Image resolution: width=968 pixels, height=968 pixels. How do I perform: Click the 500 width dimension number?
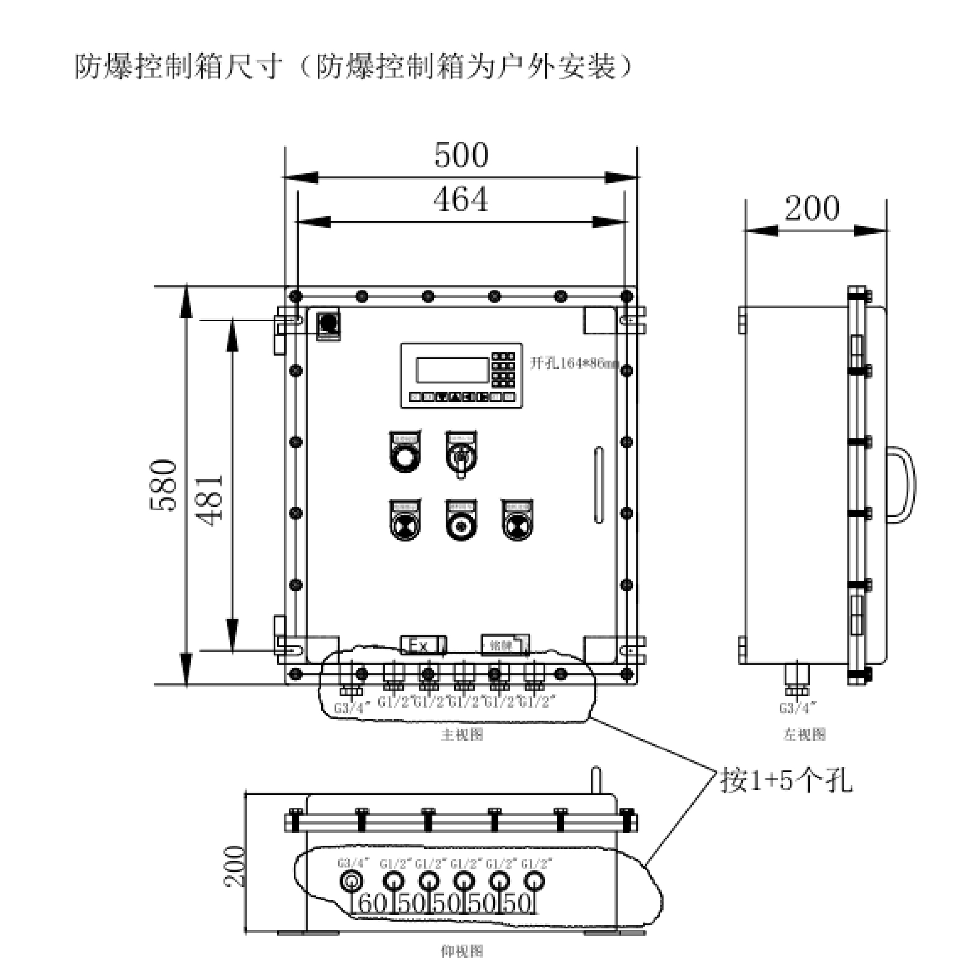click(x=461, y=155)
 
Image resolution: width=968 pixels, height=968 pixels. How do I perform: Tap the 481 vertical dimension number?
click(x=211, y=499)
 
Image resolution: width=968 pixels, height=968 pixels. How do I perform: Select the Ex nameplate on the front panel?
click(x=423, y=645)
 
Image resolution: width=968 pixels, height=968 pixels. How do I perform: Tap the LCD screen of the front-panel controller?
click(x=452, y=370)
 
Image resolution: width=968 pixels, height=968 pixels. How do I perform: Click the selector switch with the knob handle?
click(x=461, y=456)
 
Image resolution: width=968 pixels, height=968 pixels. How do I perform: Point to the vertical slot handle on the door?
click(x=599, y=484)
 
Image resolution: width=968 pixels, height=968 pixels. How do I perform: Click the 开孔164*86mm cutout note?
click(x=574, y=363)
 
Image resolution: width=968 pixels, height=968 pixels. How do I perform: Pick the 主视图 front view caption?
click(x=461, y=735)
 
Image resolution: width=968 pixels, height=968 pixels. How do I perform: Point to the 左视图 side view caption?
click(x=804, y=735)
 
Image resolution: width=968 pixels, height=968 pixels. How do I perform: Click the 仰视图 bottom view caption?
click(x=461, y=951)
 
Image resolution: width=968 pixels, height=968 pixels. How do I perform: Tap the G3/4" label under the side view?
click(x=798, y=708)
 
